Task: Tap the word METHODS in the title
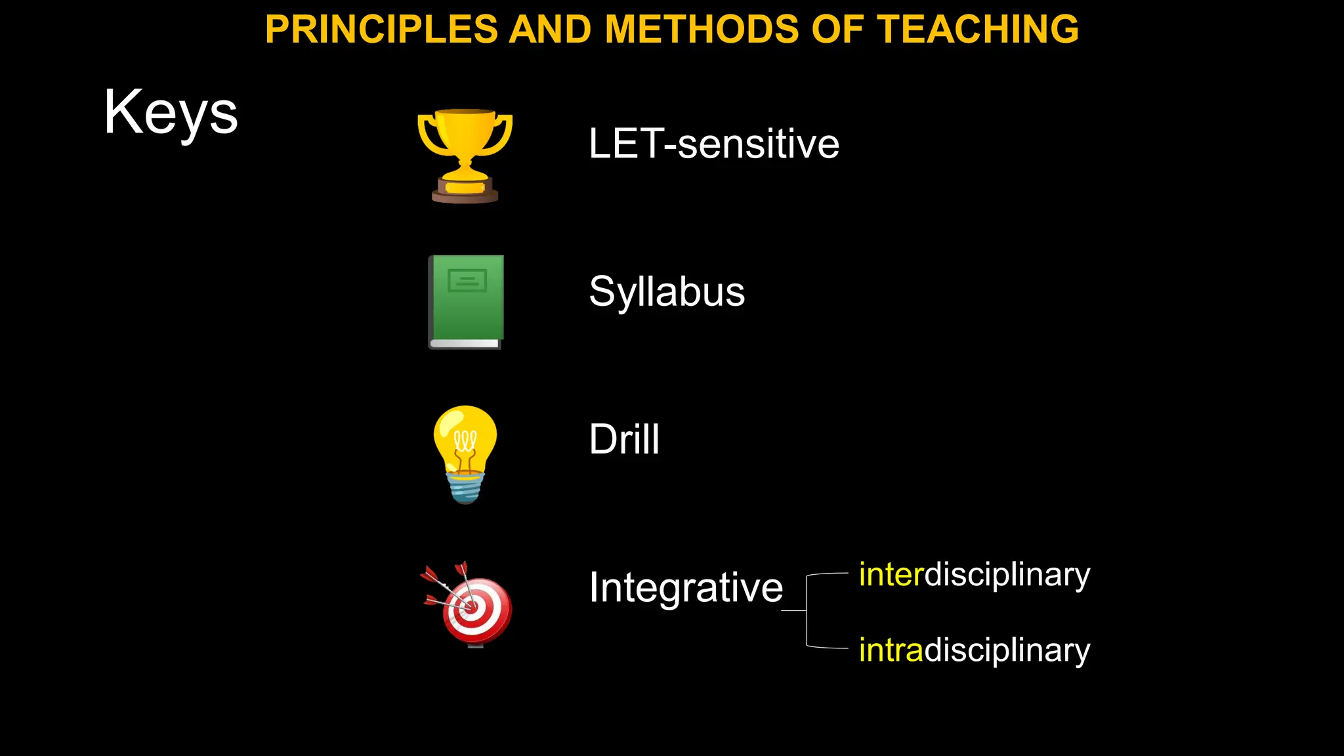point(702,30)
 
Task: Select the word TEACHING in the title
point(978,30)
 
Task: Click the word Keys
point(171,113)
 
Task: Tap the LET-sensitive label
point(714,144)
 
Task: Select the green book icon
point(466,302)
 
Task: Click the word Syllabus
point(667,291)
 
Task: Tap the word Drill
point(624,439)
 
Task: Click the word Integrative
point(686,587)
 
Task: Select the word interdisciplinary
point(975,575)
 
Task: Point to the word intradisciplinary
point(975,650)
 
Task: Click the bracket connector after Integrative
point(807,611)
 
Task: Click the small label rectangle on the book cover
point(467,281)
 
